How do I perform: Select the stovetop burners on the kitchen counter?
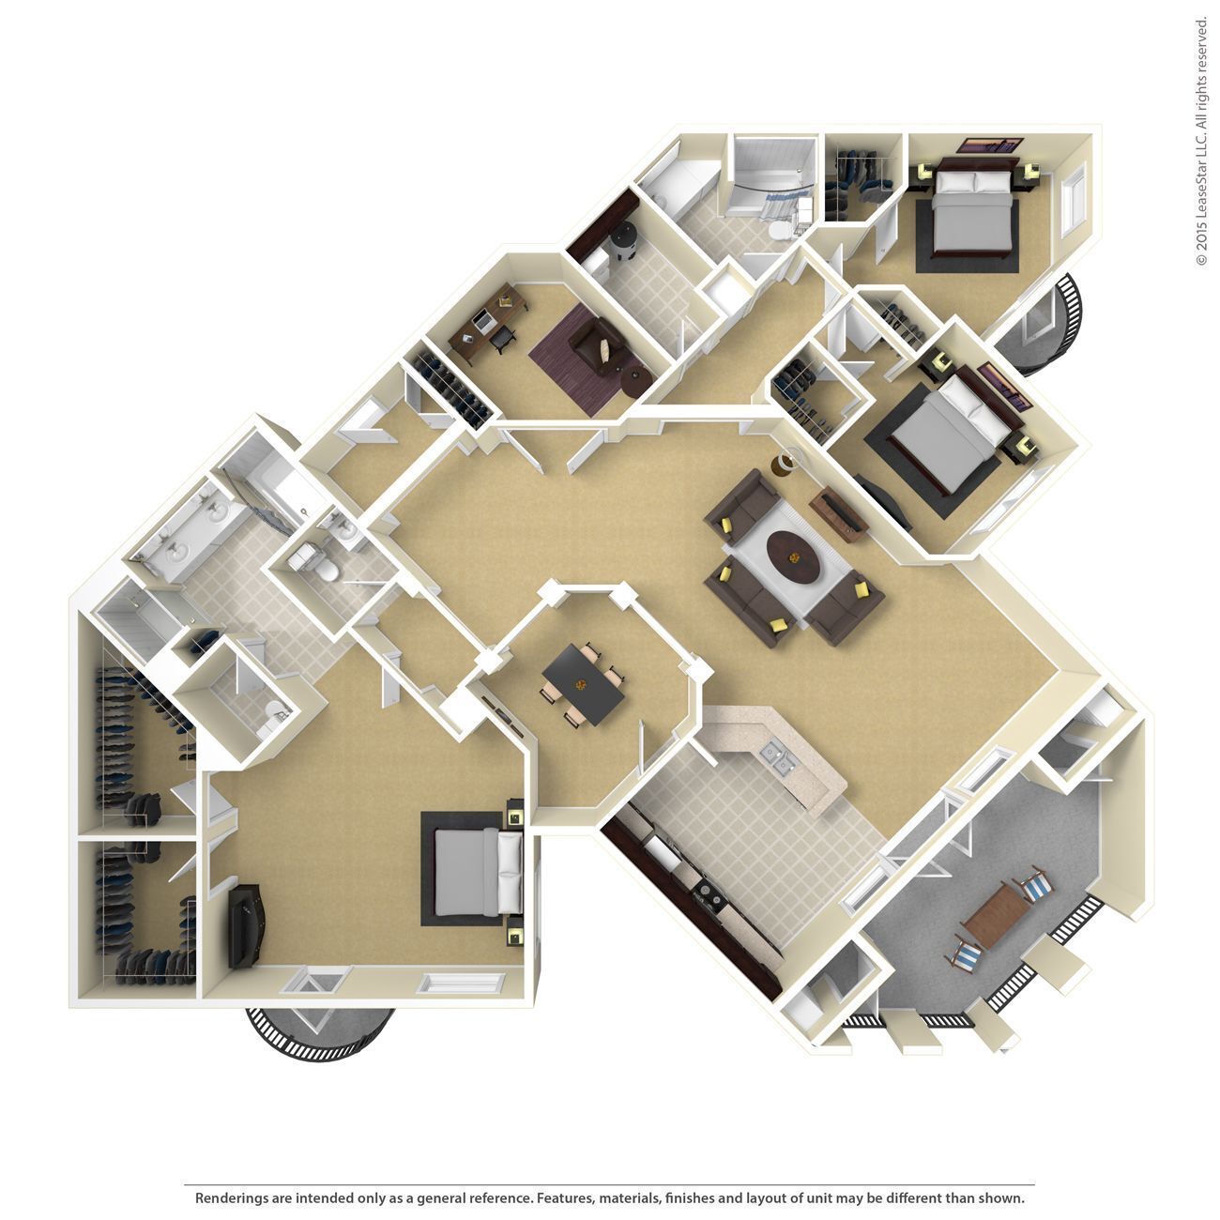pos(707,900)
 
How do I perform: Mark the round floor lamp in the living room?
pos(785,463)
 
